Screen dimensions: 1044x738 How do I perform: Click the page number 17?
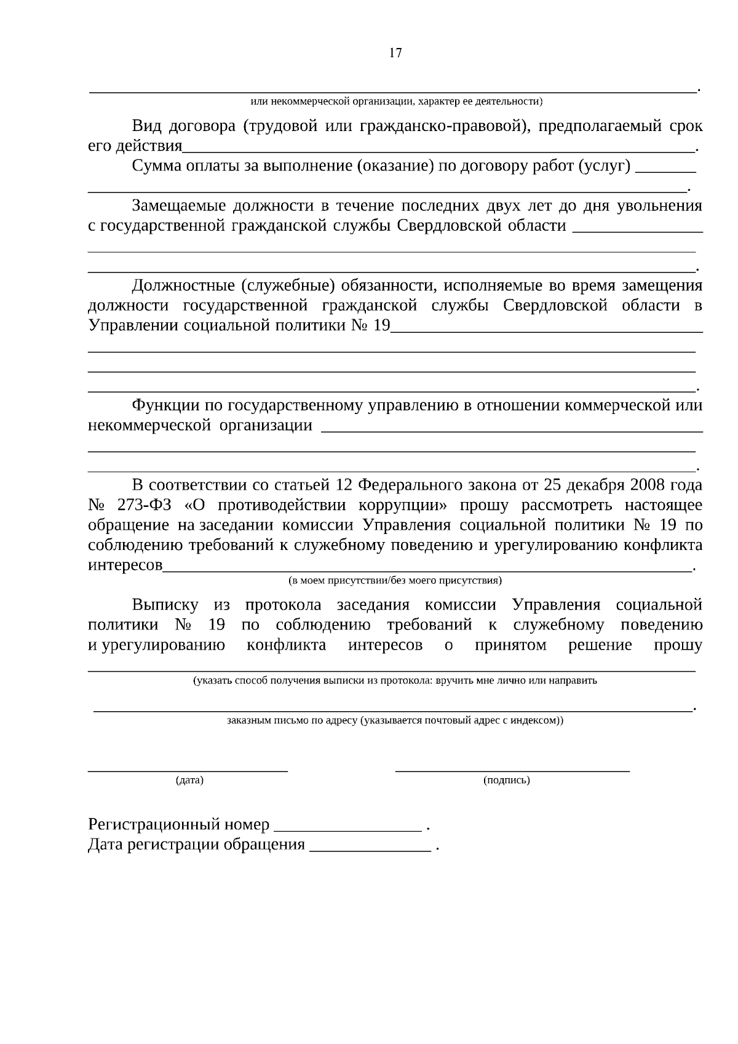coord(395,53)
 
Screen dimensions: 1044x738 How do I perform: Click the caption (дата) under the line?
coord(189,780)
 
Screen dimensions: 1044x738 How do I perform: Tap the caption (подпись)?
coord(507,780)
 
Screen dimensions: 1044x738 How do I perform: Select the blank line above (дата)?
coord(188,770)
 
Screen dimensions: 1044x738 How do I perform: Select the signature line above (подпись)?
coord(512,770)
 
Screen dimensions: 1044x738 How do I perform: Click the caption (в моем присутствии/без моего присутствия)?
coord(395,580)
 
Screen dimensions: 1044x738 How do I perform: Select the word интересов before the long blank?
coord(125,565)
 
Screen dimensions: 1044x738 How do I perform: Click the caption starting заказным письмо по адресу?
coord(395,720)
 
